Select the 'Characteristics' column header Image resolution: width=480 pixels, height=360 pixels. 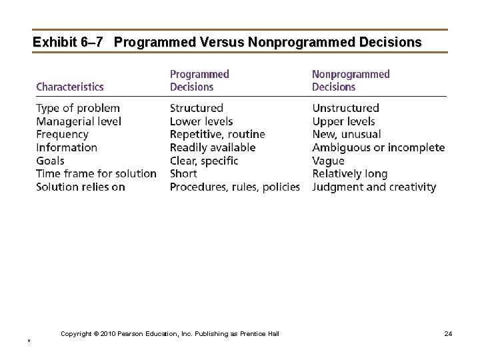(x=70, y=87)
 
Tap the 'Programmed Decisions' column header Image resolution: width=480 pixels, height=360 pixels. (x=199, y=81)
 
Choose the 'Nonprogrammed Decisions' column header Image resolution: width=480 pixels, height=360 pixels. (x=351, y=81)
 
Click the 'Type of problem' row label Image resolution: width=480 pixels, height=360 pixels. (x=78, y=108)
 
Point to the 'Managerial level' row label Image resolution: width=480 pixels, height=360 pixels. (x=79, y=121)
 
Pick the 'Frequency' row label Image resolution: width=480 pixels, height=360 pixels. (x=62, y=134)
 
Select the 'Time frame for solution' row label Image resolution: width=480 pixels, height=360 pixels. (x=96, y=174)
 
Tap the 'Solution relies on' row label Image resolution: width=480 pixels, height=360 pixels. (x=81, y=187)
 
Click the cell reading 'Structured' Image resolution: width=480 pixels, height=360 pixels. (x=197, y=108)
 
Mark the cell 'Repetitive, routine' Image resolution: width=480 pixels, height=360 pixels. (x=217, y=134)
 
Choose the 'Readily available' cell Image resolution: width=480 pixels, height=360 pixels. (x=213, y=147)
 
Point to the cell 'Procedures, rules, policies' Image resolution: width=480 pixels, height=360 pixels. (x=235, y=187)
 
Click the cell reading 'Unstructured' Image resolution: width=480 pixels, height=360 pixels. (x=345, y=108)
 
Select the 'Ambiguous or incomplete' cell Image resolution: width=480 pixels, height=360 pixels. (x=378, y=147)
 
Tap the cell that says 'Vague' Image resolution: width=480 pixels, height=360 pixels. (x=328, y=161)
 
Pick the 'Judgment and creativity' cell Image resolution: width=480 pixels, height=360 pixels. (x=374, y=187)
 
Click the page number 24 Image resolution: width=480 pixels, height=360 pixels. (x=448, y=333)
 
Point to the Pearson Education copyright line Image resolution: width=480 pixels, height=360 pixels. (x=170, y=333)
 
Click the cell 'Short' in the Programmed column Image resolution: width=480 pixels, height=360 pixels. (x=183, y=174)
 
